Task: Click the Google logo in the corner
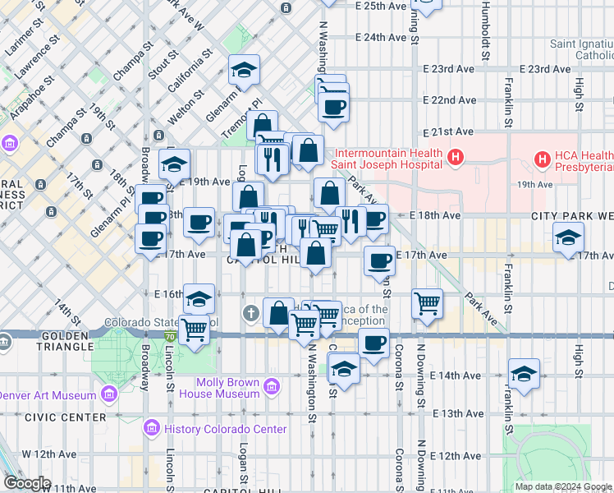click(26, 483)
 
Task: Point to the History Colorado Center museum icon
click(150, 428)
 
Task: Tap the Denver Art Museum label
click(48, 395)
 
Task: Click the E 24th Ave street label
click(381, 37)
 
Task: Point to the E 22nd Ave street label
click(449, 100)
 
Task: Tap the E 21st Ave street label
click(449, 131)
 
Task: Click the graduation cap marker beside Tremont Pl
click(244, 70)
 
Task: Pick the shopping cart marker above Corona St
click(427, 303)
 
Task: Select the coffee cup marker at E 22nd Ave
click(333, 107)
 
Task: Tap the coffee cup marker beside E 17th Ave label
click(378, 260)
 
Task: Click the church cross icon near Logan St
click(251, 313)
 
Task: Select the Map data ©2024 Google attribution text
click(563, 486)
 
